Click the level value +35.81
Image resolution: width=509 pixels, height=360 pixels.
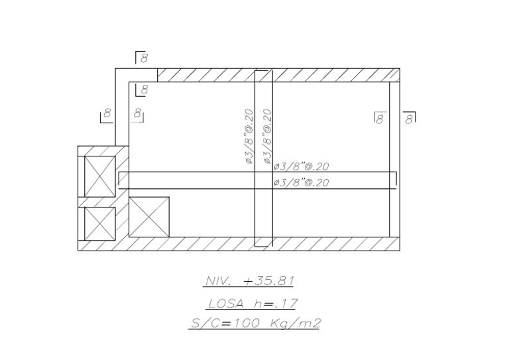pyautogui.click(x=268, y=281)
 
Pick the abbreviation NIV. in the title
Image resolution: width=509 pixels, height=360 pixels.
pyautogui.click(x=218, y=281)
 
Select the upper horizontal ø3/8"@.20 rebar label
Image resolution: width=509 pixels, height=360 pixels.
pyautogui.click(x=301, y=166)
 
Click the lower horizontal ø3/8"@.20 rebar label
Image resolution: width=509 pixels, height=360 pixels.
pyautogui.click(x=301, y=182)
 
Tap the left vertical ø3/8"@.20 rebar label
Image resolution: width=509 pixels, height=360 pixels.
pyautogui.click(x=250, y=136)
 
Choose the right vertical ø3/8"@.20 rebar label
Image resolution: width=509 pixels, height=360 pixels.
pyautogui.click(x=267, y=136)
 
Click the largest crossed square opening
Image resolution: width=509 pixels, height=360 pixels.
pyautogui.click(x=149, y=217)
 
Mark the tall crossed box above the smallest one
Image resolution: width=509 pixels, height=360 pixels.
pyautogui.click(x=99, y=176)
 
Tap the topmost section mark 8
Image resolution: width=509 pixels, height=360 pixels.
pyautogui.click(x=142, y=58)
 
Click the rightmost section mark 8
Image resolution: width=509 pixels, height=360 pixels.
pyautogui.click(x=410, y=118)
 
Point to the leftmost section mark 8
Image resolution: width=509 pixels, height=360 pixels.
pyautogui.click(x=106, y=115)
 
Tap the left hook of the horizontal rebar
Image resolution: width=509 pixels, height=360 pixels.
pyautogui.click(x=119, y=178)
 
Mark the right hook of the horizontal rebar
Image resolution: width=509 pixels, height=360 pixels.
pyautogui.click(x=396, y=178)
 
